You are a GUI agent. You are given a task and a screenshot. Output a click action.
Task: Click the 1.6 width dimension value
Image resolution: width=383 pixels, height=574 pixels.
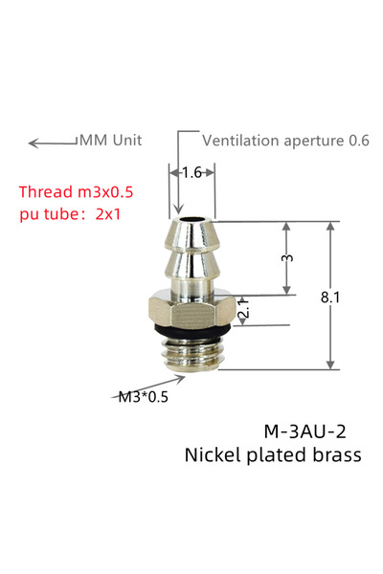192,172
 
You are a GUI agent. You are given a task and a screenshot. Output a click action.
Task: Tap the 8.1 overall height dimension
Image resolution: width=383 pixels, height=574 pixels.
329,297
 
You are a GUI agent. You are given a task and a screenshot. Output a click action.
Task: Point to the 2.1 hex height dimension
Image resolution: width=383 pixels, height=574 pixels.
244,309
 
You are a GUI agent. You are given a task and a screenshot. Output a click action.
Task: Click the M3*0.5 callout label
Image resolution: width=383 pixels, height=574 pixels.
144,396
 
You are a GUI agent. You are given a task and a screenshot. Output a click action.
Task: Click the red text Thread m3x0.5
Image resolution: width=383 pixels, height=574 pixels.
76,192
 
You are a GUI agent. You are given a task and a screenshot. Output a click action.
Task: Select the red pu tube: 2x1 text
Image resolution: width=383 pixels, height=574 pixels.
70,214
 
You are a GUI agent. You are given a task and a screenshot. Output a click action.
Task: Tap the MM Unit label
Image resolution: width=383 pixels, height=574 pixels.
111,141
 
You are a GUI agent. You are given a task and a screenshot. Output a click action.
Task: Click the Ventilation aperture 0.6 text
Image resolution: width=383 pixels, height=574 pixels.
285,141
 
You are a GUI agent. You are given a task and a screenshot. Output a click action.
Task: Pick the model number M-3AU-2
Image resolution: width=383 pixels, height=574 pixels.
304,431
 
